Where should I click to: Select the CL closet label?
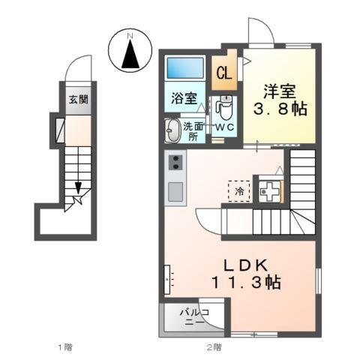pos(223,73)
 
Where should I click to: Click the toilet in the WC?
pos(224,109)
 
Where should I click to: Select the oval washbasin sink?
pos(173,129)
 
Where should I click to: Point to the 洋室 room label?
pos(278,92)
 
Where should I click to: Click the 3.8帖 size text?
pos(278,110)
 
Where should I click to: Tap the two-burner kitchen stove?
pos(175,163)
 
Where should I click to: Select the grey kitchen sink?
pos(175,192)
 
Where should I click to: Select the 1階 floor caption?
pos(64,347)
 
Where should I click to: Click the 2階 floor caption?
pos(214,347)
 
